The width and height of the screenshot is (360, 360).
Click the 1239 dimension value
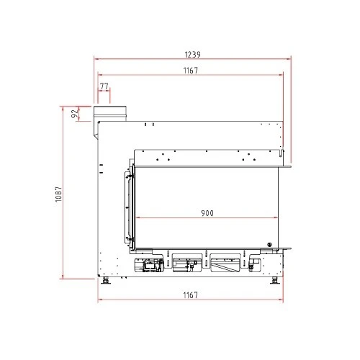point(192,55)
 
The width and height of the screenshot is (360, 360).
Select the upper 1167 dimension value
point(191,71)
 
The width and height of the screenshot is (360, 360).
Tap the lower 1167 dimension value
point(191,295)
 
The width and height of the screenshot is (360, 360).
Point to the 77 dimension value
point(104,86)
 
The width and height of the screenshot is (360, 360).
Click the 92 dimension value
point(75,114)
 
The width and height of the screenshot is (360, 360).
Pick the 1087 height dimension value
point(58,194)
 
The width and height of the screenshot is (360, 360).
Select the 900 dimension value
point(207,213)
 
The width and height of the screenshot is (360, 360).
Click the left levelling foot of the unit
point(105,280)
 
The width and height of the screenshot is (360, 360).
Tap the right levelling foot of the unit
point(274,280)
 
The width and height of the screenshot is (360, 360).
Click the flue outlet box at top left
point(110,114)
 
